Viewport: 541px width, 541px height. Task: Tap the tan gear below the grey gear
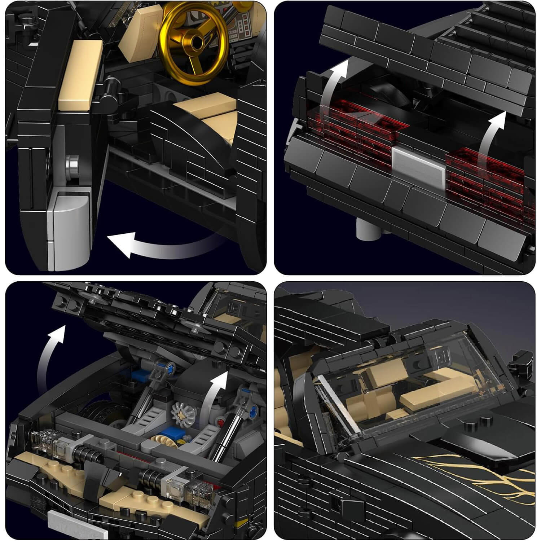(164, 438)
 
